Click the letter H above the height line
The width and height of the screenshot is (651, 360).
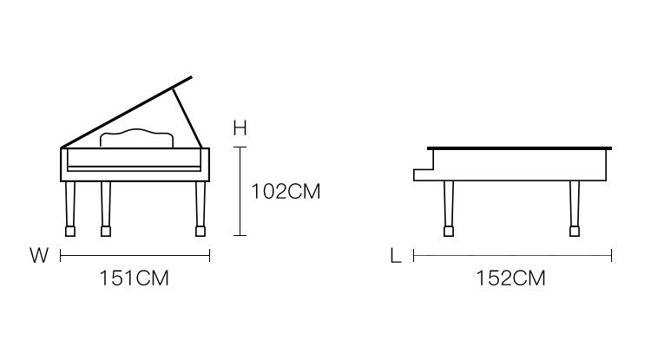coord(240,128)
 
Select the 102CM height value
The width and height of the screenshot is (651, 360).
coord(286,192)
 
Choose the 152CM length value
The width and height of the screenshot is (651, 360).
coord(511,279)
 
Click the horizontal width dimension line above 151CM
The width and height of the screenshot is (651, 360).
coord(135,255)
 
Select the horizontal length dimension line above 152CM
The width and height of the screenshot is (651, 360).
coord(512,255)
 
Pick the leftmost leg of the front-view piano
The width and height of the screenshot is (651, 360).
coord(69,208)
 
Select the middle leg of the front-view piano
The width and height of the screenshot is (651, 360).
coord(106,208)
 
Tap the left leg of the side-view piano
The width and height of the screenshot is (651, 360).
coord(448,208)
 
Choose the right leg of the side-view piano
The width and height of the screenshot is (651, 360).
coord(573,208)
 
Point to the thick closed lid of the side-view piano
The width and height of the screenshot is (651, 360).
coord(521,147)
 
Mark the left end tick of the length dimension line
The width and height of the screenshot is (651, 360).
coord(414,255)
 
